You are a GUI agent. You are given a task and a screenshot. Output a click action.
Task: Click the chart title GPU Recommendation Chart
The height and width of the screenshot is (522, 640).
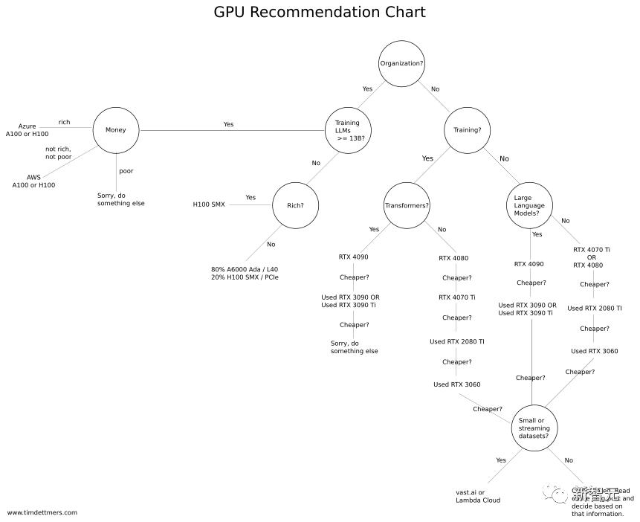click(x=320, y=13)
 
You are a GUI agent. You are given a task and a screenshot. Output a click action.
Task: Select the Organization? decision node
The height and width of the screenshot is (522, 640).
click(x=401, y=63)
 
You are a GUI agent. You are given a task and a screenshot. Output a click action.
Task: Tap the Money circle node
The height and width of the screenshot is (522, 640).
click(x=116, y=130)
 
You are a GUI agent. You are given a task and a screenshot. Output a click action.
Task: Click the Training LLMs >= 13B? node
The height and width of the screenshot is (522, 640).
click(x=348, y=130)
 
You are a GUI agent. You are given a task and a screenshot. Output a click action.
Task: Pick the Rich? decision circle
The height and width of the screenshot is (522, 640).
click(x=296, y=205)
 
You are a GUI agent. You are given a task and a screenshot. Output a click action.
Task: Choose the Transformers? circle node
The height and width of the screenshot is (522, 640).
click(x=407, y=205)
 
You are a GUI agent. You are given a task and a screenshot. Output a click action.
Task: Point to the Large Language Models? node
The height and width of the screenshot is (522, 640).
click(x=531, y=205)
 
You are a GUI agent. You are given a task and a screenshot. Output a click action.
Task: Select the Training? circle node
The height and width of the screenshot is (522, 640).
click(x=468, y=130)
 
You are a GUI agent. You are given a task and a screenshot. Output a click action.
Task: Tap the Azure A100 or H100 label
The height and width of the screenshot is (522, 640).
click(x=28, y=130)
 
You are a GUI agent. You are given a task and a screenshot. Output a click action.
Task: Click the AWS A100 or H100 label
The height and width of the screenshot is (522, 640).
click(x=33, y=181)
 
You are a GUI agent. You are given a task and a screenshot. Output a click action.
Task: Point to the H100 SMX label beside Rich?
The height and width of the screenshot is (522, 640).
click(x=209, y=204)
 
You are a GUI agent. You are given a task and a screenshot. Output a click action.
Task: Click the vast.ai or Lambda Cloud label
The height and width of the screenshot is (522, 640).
click(x=477, y=496)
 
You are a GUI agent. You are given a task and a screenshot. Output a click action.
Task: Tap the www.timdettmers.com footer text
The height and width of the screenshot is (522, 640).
click(x=42, y=512)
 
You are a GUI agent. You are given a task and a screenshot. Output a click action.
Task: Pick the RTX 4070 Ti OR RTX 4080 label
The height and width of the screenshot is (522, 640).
click(x=592, y=257)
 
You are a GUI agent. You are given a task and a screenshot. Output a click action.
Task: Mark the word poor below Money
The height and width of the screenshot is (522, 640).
click(x=126, y=171)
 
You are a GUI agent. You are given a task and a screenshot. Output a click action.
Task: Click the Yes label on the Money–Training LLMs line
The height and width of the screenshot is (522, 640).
click(x=228, y=124)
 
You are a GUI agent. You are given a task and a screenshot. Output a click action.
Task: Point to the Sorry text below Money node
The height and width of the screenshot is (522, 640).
click(x=121, y=199)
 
